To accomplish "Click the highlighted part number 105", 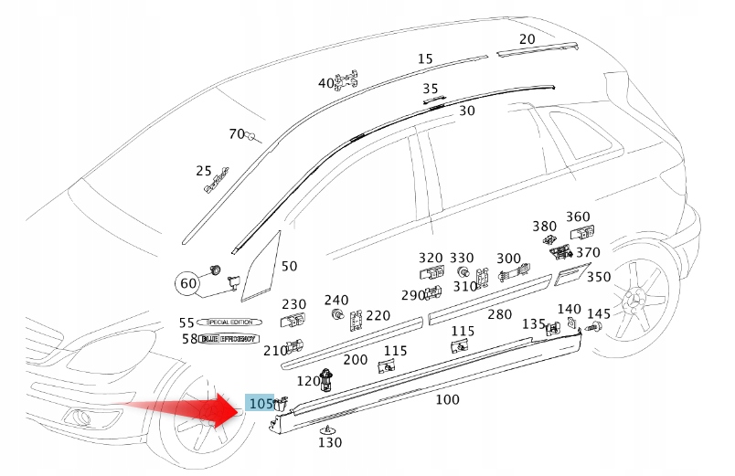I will [261, 403].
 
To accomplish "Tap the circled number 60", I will [188, 283].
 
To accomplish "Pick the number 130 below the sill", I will [330, 442].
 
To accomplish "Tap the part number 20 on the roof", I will [527, 39].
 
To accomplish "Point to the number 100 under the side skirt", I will [447, 399].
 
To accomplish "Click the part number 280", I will [499, 314].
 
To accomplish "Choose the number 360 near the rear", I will [578, 217].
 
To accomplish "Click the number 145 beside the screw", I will [599, 313].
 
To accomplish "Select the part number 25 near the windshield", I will [204, 171].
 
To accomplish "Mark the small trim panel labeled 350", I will [570, 271].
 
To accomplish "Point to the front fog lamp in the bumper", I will [87, 419].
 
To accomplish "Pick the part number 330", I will [462, 258].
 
